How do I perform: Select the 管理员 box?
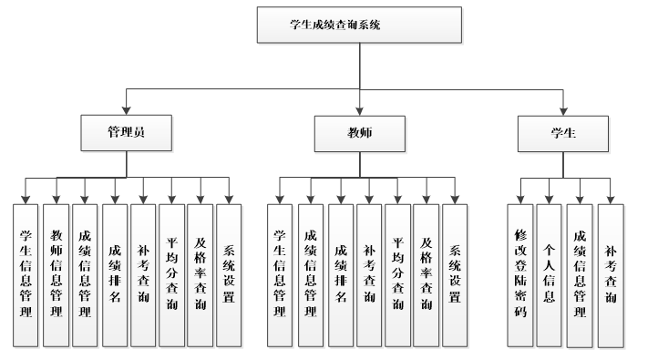[x=126, y=132]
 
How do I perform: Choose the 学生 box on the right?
[x=562, y=133]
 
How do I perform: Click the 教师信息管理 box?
[x=57, y=274]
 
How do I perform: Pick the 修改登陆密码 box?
[x=521, y=274]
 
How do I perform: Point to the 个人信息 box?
[x=549, y=274]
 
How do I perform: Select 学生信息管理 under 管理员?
[x=27, y=274]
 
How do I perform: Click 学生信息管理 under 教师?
[x=281, y=274]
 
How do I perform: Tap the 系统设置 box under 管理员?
[x=229, y=274]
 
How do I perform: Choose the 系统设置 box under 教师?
[x=455, y=274]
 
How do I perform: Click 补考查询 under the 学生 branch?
[x=611, y=274]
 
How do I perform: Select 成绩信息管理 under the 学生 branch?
[x=580, y=274]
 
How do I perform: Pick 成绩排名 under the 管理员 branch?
[x=115, y=274]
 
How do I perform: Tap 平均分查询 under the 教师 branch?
[x=397, y=274]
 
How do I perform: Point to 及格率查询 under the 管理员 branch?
[x=200, y=274]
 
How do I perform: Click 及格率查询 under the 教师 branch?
[x=426, y=274]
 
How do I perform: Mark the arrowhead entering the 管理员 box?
[x=126, y=111]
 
